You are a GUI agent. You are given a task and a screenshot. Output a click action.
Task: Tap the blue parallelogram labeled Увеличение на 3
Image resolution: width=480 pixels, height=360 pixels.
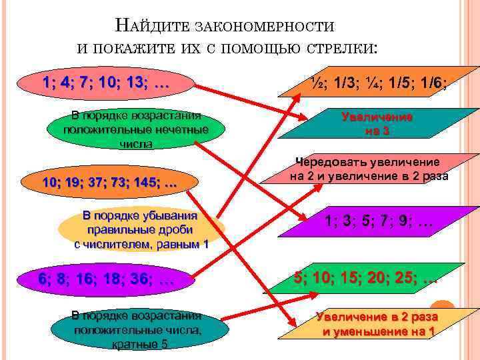(x=377, y=123)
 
